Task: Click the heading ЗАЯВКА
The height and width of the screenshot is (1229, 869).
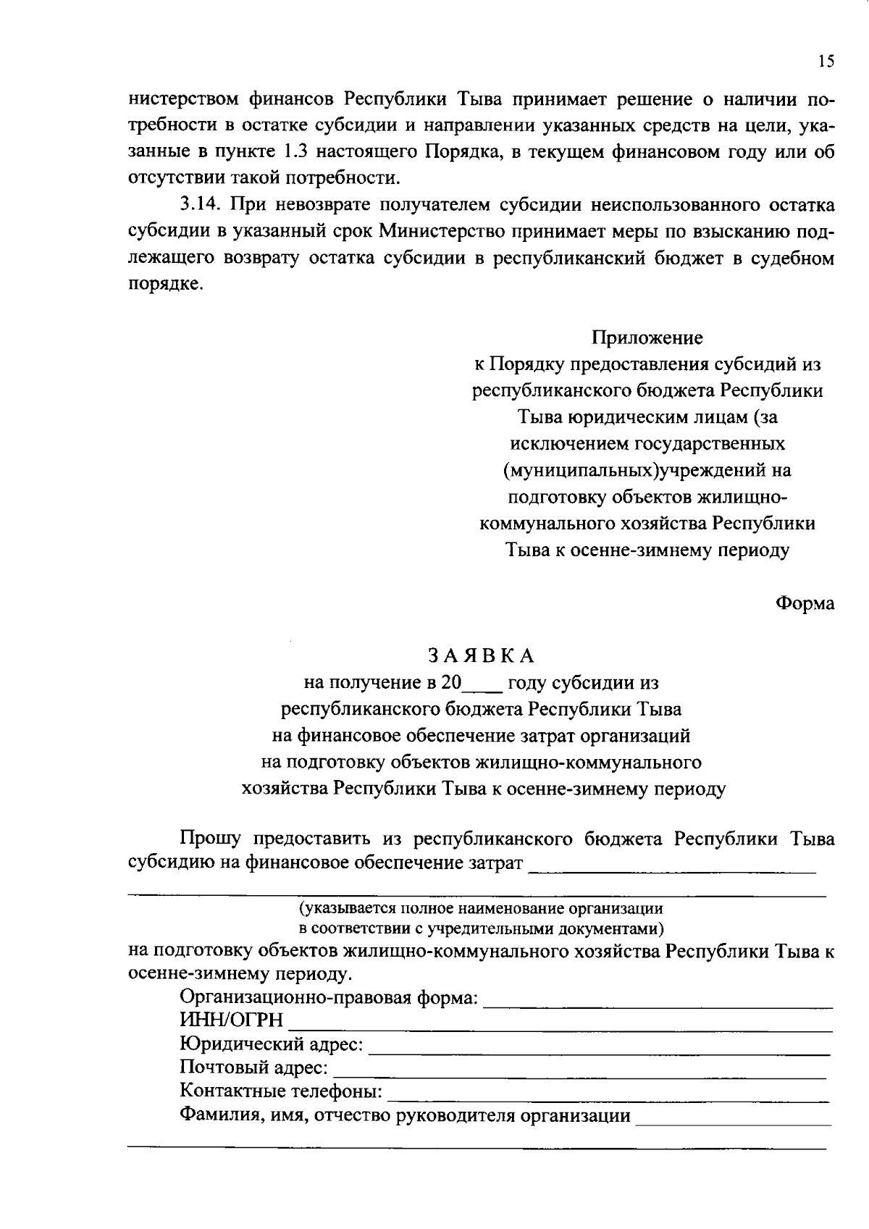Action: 481,655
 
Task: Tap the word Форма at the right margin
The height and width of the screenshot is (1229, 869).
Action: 805,603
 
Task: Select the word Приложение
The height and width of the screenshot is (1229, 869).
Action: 647,337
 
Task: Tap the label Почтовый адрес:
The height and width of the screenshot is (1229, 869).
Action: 253,1067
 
